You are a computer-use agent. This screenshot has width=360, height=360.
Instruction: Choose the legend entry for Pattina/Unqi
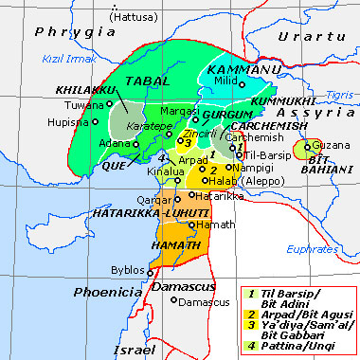tap(300, 337)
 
